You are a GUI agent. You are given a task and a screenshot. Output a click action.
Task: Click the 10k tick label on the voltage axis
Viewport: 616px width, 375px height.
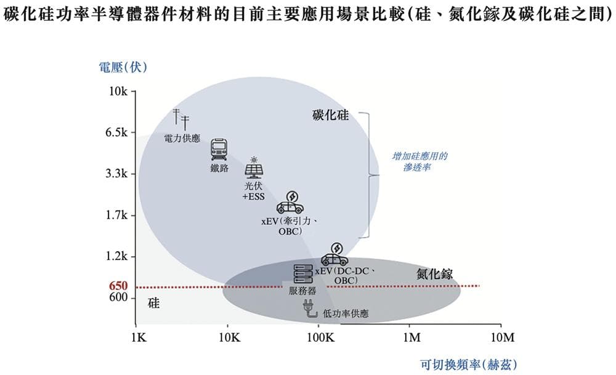(118, 92)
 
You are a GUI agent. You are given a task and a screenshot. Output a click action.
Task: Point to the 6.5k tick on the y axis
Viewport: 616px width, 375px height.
(116, 132)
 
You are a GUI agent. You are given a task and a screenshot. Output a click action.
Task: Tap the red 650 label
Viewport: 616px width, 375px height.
(118, 286)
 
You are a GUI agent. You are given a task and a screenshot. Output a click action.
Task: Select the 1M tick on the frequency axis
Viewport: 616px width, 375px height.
(411, 337)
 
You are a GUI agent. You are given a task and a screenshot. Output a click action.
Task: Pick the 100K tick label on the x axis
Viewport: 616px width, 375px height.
(319, 337)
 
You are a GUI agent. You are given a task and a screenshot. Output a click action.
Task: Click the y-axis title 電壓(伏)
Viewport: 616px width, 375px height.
(123, 67)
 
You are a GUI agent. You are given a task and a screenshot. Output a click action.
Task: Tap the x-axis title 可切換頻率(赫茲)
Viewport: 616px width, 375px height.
(469, 364)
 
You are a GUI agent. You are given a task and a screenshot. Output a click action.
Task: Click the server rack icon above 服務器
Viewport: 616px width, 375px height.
(302, 273)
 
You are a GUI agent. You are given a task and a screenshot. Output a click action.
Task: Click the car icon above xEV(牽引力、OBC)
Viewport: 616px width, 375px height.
(289, 203)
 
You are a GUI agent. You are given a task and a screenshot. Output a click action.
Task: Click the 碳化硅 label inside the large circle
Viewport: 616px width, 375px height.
(330, 116)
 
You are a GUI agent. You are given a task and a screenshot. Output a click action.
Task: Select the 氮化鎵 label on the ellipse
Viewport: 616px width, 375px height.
(434, 274)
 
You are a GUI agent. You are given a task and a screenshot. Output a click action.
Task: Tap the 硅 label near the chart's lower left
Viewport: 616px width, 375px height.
(154, 303)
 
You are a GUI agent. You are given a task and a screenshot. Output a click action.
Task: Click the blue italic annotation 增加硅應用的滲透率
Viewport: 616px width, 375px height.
(419, 161)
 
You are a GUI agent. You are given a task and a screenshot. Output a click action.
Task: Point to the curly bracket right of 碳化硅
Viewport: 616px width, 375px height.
(370, 175)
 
